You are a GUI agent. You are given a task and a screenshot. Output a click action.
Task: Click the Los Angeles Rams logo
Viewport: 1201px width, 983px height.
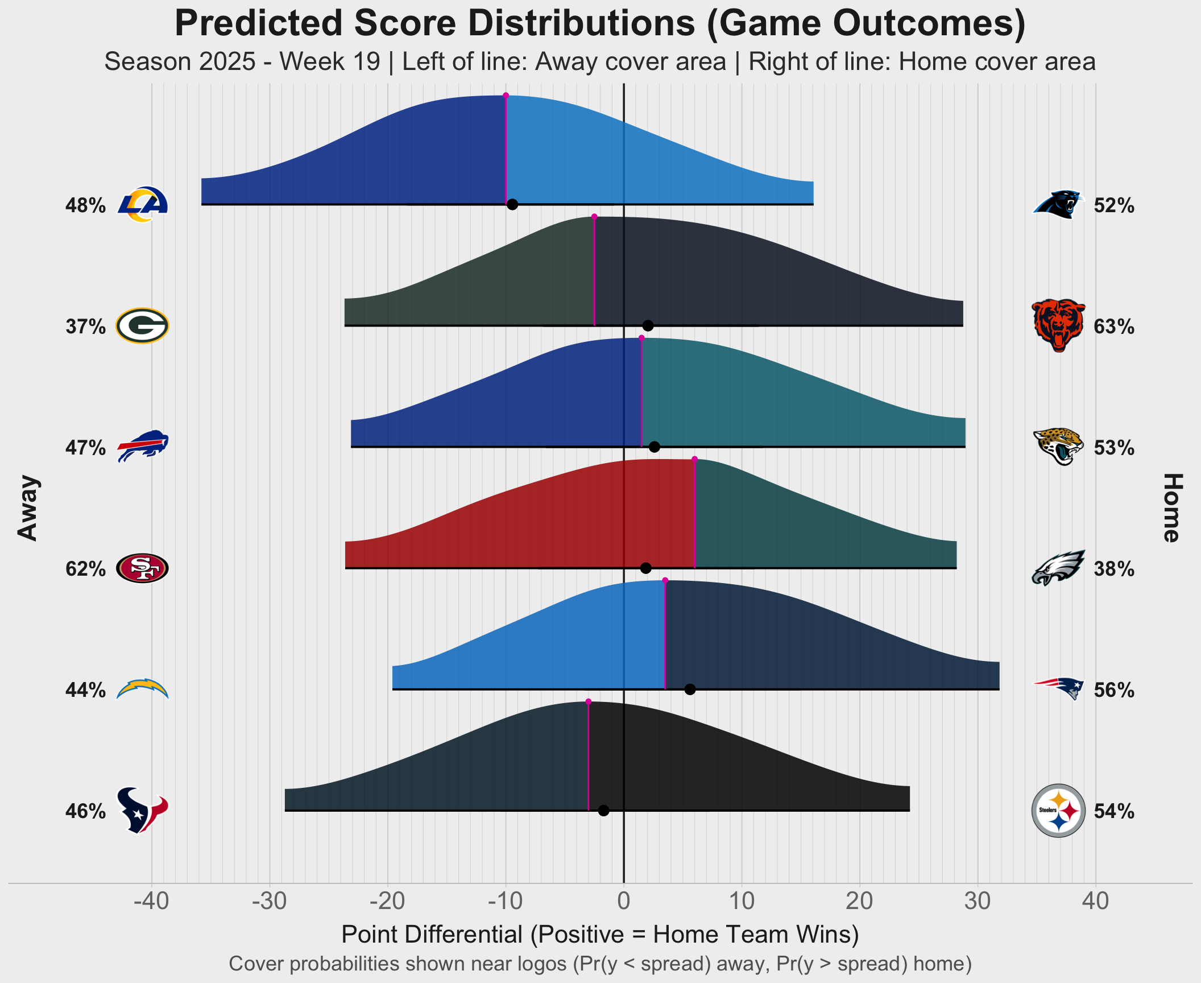143,204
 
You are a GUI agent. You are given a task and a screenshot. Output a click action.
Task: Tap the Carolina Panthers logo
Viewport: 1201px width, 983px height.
1058,204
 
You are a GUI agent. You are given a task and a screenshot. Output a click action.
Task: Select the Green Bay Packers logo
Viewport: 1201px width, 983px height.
142,326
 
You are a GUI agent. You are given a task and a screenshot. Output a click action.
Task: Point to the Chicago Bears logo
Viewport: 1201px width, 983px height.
1058,325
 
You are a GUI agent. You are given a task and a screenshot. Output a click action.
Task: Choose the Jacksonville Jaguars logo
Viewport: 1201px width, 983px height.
1058,447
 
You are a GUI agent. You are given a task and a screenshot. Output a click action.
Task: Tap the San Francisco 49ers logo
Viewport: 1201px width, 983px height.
142,568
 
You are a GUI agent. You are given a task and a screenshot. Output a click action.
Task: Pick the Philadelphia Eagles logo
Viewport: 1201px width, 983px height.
1058,568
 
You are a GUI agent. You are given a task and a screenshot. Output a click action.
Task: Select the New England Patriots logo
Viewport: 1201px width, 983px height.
1058,688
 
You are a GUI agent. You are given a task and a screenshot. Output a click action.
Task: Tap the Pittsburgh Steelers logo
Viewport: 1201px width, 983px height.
1058,811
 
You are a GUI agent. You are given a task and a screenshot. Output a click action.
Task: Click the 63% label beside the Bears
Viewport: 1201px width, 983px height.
1114,327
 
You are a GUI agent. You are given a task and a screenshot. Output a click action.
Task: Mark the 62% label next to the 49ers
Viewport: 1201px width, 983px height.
85,569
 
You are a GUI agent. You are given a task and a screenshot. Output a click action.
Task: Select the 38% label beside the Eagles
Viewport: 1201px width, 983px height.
1114,569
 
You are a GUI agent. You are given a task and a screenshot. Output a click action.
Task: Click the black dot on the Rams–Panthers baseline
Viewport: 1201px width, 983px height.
512,205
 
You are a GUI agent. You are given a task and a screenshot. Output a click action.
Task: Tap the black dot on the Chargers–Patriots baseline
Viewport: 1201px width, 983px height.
690,689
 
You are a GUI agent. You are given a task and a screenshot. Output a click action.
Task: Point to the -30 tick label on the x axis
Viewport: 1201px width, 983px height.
270,901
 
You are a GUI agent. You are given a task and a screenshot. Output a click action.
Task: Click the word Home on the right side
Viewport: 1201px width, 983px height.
1171,507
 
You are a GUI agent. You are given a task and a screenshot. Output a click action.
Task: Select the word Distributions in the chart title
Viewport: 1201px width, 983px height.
527,24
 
